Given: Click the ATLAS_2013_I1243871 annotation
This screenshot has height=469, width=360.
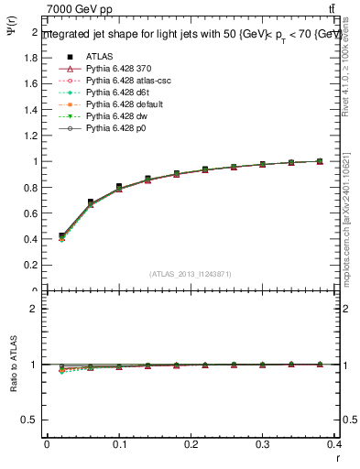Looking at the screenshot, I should (191, 274).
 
